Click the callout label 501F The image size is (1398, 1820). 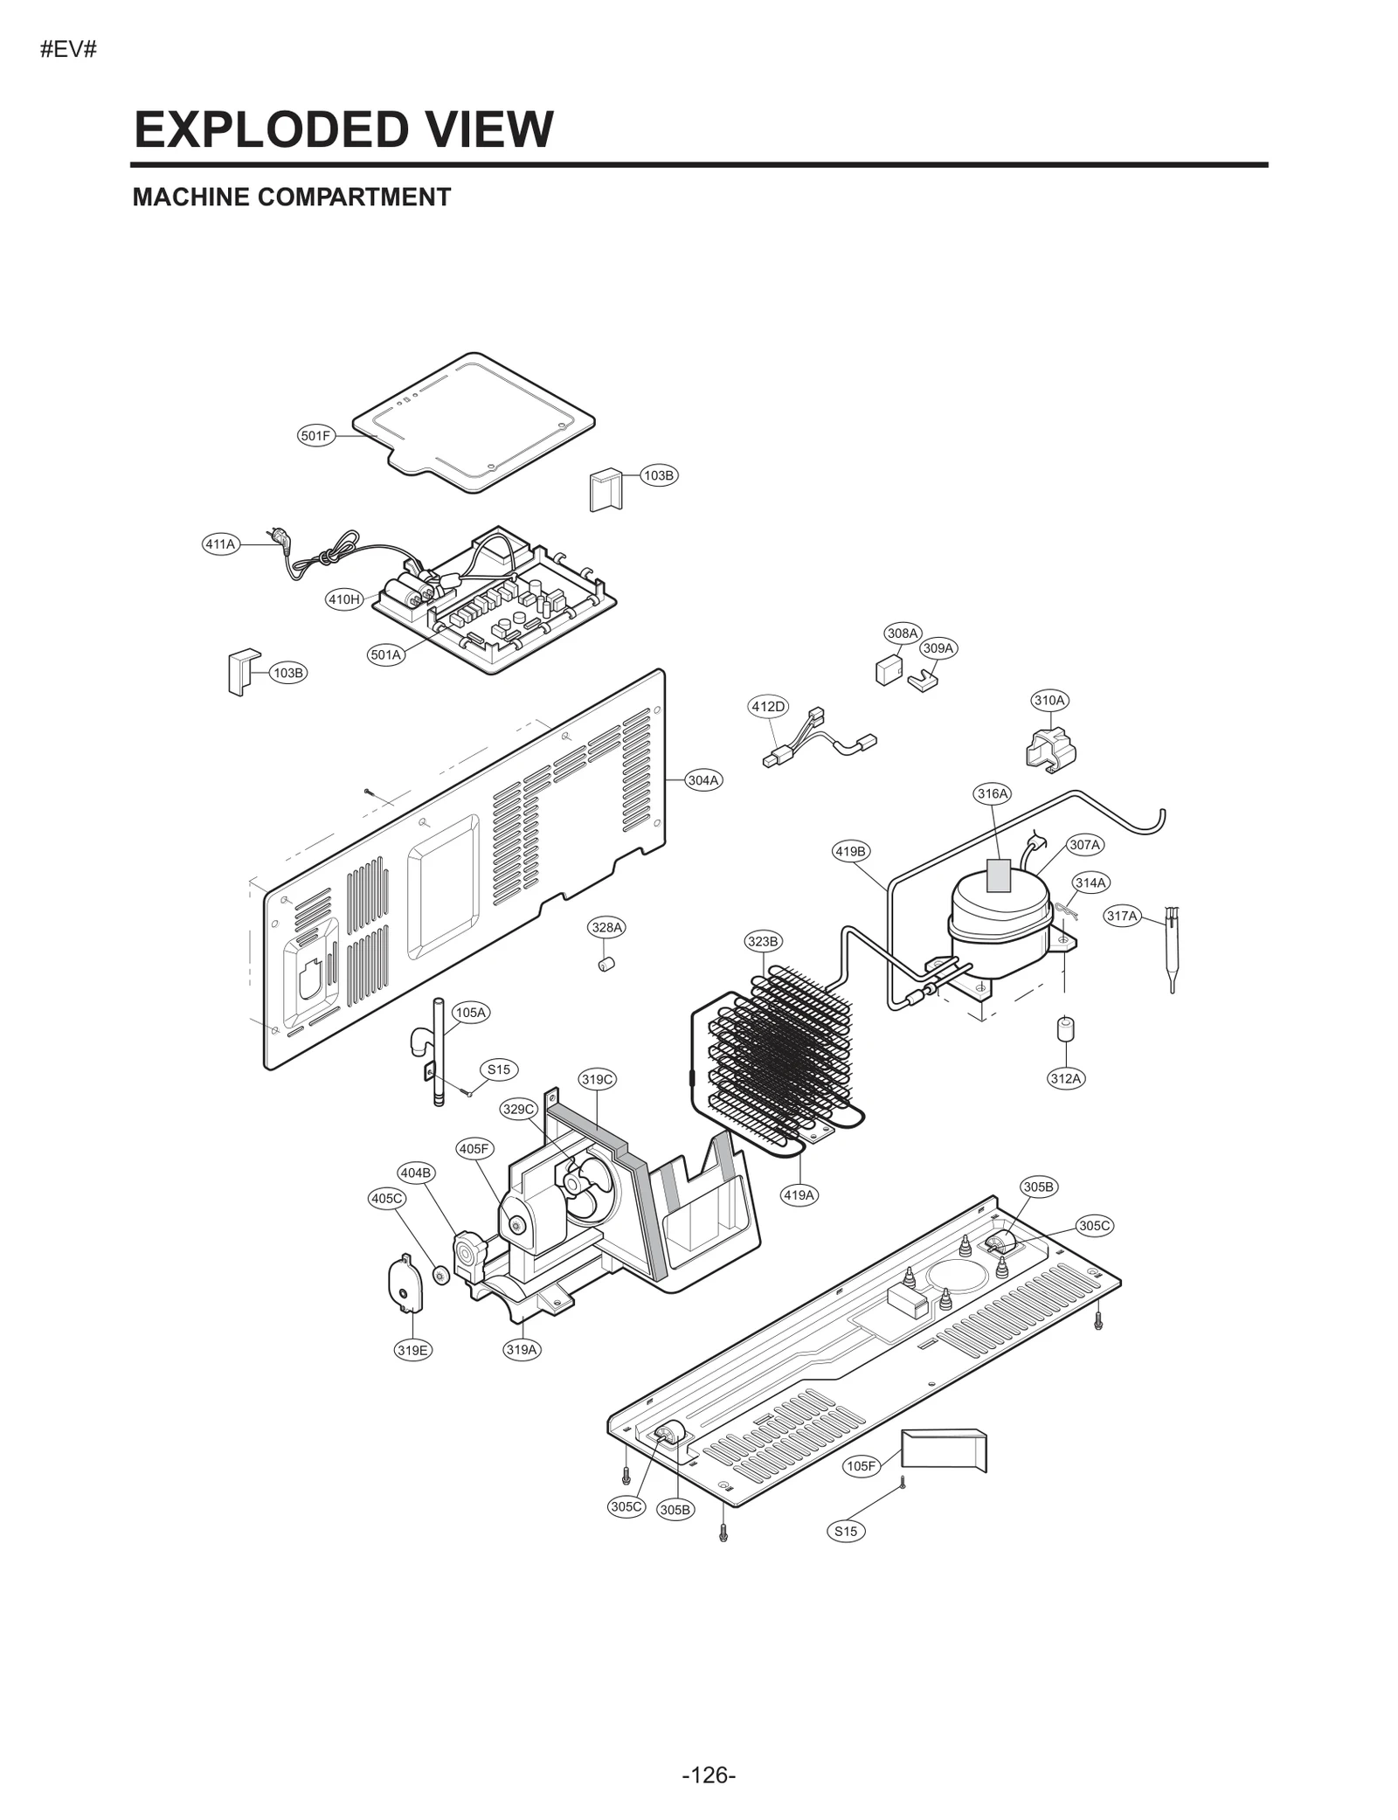pos(315,435)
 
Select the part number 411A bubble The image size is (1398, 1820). pos(220,544)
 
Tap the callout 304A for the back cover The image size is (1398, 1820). pos(702,780)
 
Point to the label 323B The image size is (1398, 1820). pos(763,941)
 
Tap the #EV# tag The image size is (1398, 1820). pos(68,49)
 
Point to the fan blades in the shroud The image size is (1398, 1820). pos(579,1188)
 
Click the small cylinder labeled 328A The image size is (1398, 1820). pos(606,965)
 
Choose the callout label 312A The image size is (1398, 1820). pos(1065,1078)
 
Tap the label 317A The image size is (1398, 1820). pos(1122,916)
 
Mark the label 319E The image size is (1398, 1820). pos(412,1350)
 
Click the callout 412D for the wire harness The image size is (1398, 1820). pos(768,706)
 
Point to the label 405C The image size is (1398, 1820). pos(386,1199)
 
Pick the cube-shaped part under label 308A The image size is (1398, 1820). pos(888,670)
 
